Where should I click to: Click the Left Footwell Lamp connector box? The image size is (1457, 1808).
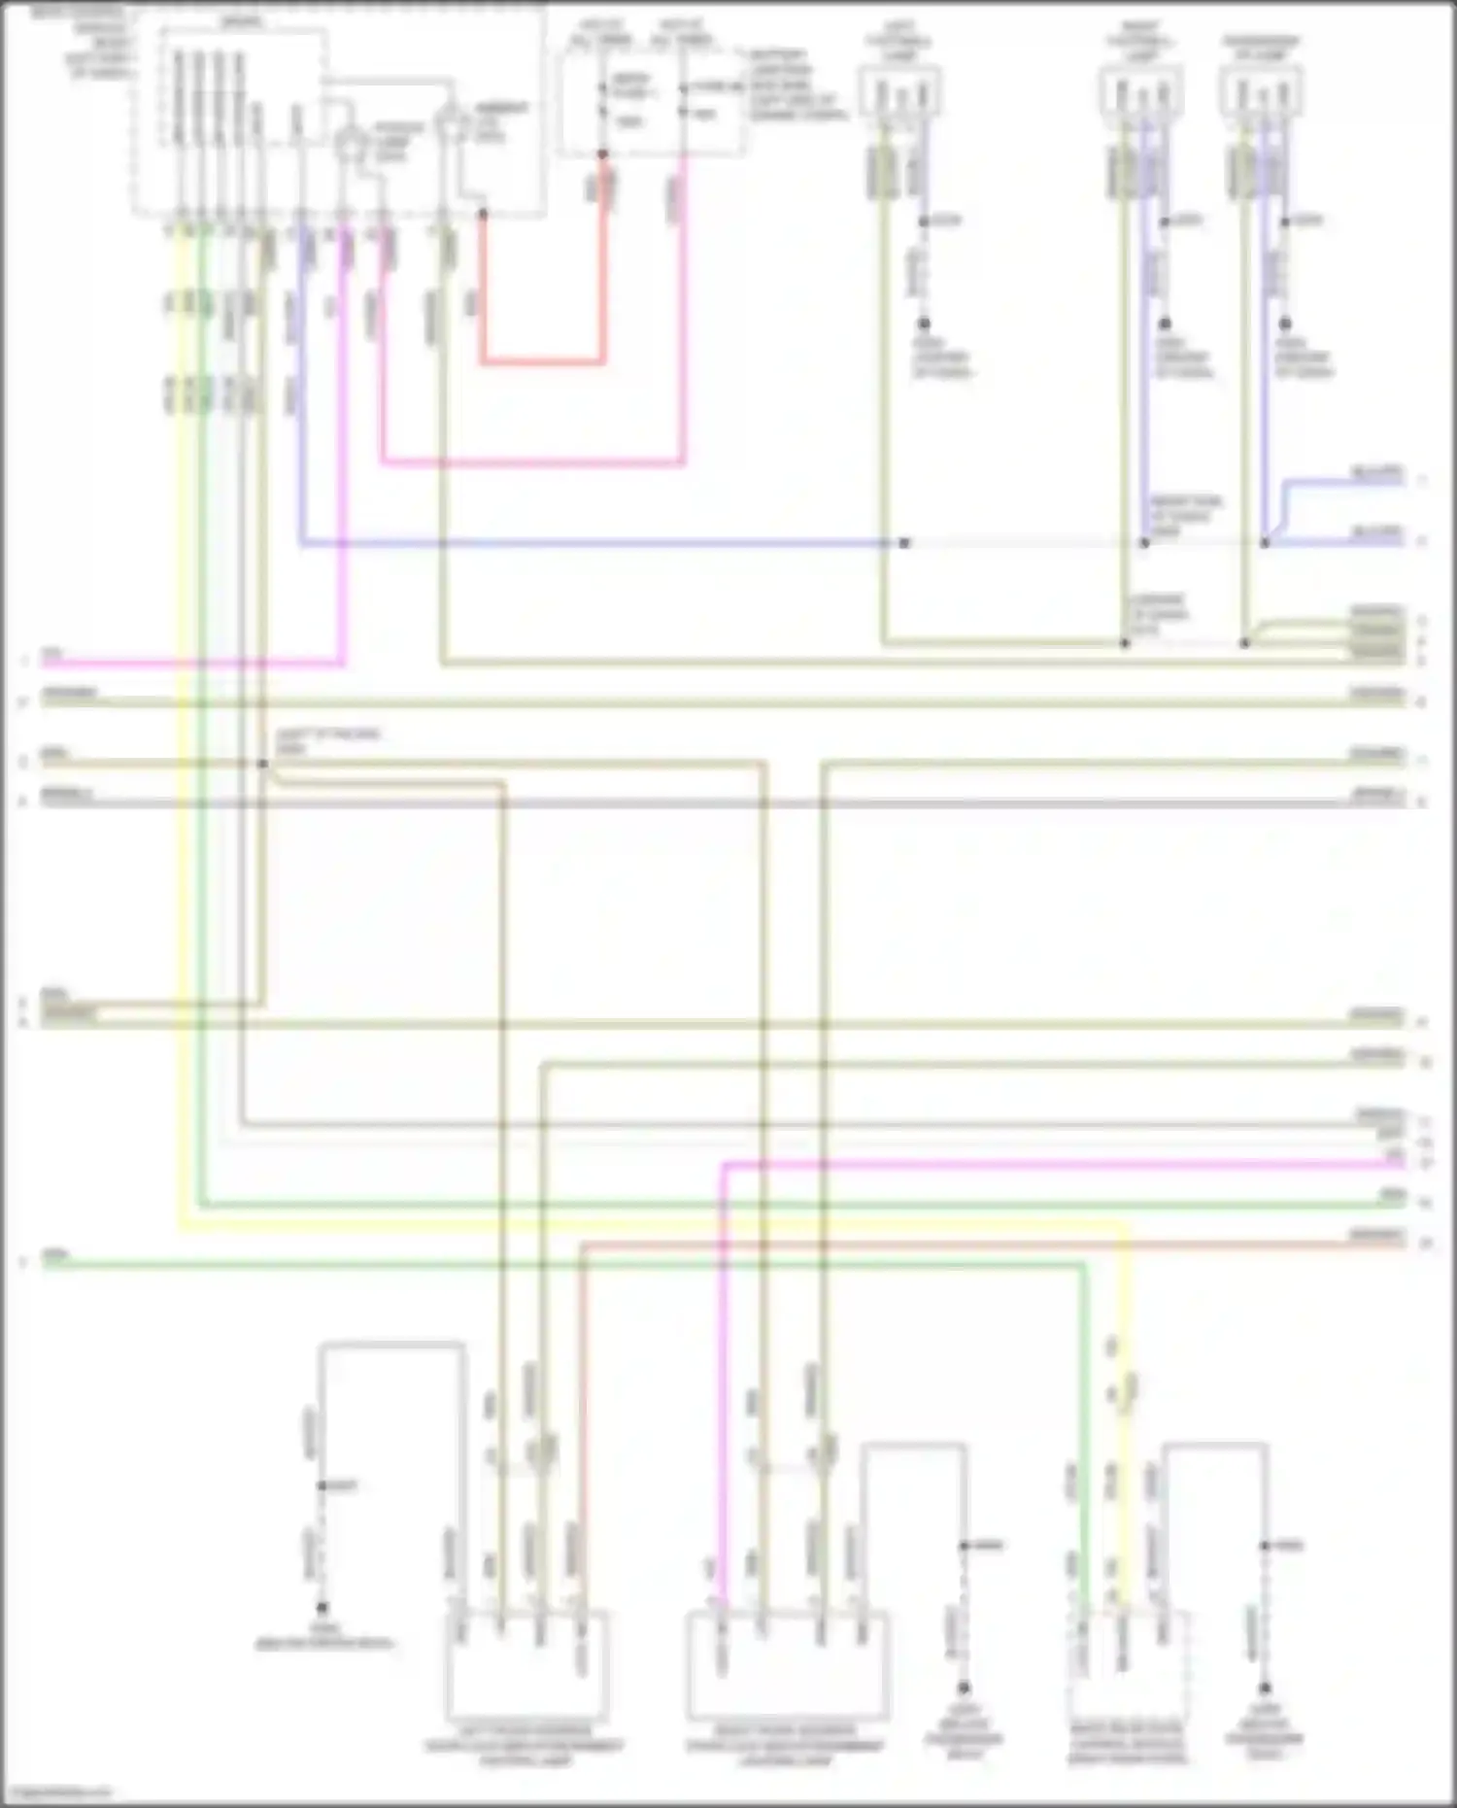899,92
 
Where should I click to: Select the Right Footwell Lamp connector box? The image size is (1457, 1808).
1141,92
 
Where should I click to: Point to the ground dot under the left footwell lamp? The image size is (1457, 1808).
924,323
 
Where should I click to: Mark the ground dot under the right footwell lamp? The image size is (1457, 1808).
1164,323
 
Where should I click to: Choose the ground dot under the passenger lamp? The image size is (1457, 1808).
1285,323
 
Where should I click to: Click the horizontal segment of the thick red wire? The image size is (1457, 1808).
541,362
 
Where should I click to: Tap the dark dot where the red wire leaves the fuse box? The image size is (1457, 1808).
602,154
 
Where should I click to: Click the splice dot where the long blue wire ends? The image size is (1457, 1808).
904,543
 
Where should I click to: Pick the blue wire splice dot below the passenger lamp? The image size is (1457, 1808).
1265,543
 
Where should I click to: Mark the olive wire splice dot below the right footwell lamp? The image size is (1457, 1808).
1125,643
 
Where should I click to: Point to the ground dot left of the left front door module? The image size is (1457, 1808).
322,1608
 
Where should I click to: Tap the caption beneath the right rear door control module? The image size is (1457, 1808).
1127,1743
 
